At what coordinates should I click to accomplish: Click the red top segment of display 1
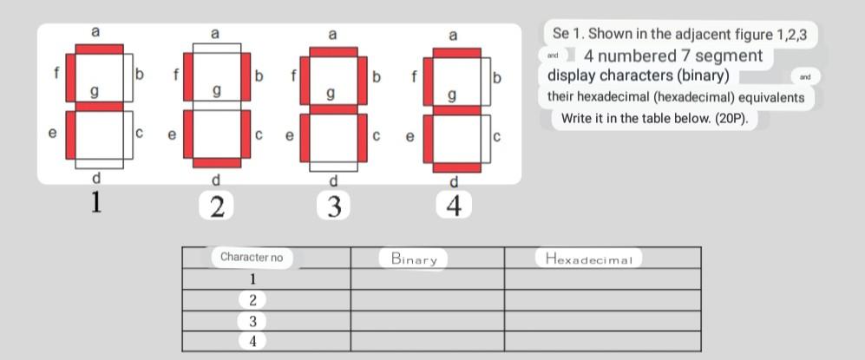coord(99,49)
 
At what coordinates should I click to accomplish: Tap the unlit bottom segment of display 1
coord(99,163)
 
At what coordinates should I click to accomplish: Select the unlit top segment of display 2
coord(217,48)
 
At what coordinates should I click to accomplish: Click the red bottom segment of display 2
coord(217,162)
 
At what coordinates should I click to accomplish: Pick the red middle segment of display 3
coord(333,109)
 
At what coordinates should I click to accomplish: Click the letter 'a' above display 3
coord(333,35)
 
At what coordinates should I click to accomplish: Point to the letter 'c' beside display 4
coord(496,136)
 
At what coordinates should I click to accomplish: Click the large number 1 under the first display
coord(96,204)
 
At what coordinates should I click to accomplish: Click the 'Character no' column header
coord(252,257)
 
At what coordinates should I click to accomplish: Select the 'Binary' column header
coord(413,258)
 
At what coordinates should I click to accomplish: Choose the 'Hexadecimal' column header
coord(588,258)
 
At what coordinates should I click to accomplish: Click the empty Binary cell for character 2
coord(427,299)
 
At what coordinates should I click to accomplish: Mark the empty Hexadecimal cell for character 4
coord(602,341)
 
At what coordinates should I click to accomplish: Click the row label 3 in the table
coord(252,320)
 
